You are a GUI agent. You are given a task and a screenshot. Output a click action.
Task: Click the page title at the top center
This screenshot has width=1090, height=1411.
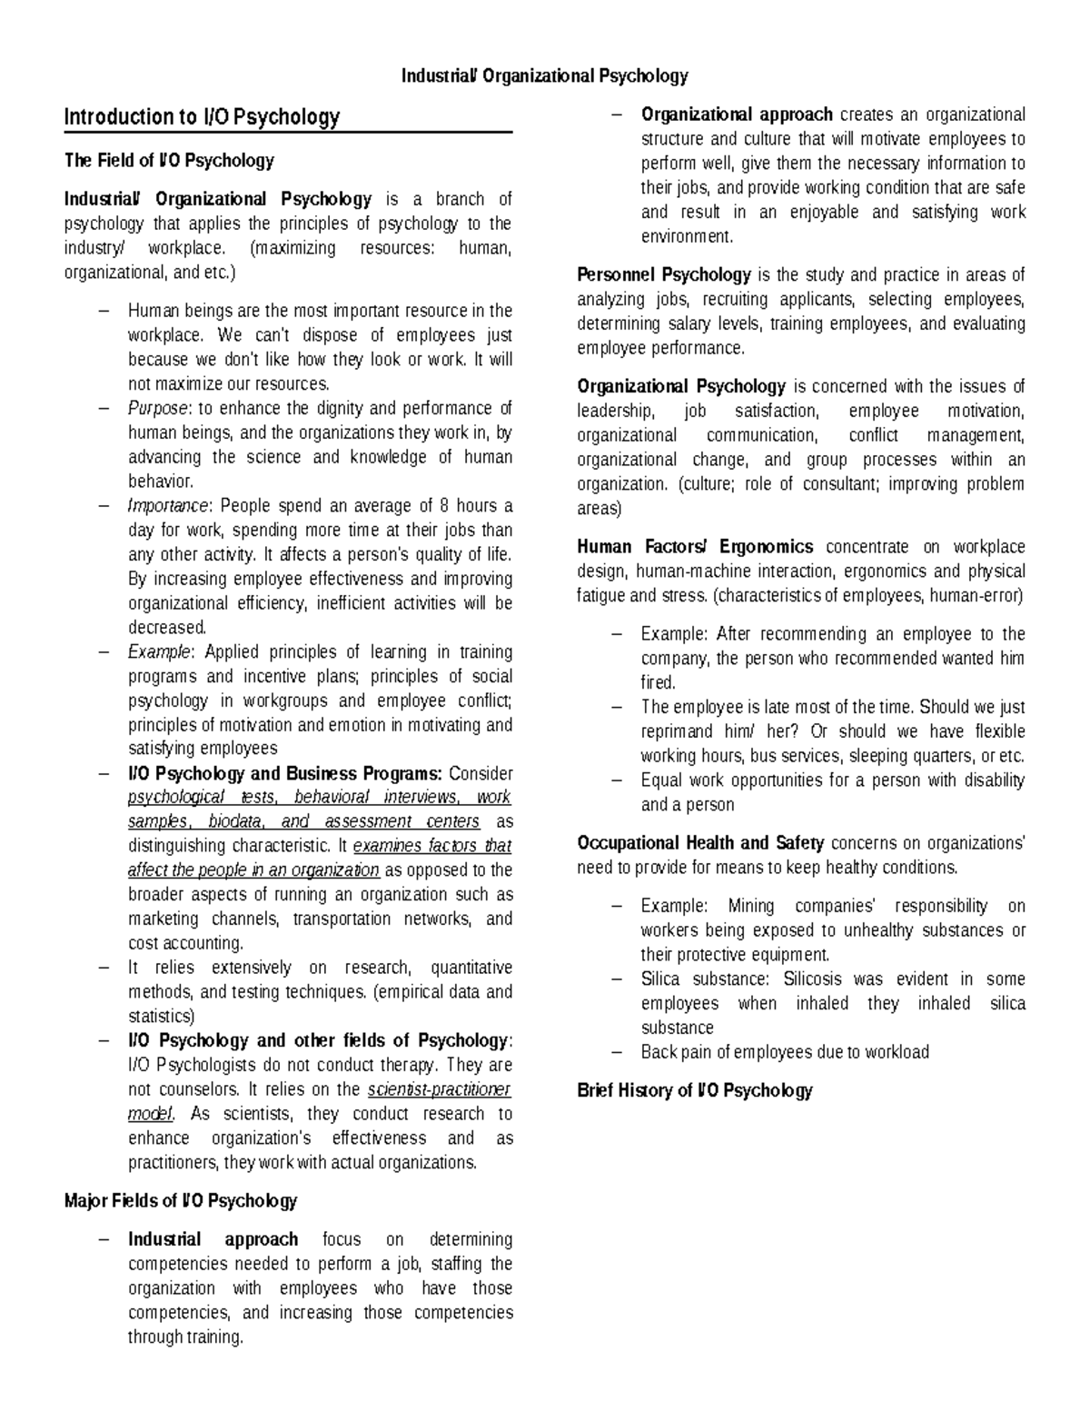coord(545,76)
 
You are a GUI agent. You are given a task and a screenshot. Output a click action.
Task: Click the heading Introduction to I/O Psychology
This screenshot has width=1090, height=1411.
coord(202,117)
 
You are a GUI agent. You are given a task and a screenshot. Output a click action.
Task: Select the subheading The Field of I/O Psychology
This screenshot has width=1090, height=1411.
coord(169,161)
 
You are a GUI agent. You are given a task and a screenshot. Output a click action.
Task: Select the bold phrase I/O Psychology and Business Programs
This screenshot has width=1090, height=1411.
coord(284,774)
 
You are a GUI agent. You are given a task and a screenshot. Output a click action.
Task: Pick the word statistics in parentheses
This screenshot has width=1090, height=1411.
coord(161,1017)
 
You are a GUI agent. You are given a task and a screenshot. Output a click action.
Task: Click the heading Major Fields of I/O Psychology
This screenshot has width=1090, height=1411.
coord(181,1201)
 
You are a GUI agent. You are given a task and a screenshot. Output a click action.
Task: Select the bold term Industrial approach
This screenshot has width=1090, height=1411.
coord(213,1240)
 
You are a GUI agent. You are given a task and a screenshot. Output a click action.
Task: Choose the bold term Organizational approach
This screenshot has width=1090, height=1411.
coord(737,114)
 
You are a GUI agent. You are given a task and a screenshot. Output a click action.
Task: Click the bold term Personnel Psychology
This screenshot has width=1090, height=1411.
coord(664,275)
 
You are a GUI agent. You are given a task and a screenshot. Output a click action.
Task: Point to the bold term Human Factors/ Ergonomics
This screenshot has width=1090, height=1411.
coord(695,547)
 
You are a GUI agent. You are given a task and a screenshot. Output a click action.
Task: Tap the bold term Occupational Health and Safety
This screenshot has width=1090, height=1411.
coord(700,843)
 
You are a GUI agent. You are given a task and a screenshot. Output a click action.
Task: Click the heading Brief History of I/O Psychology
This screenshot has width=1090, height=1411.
coord(694,1091)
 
